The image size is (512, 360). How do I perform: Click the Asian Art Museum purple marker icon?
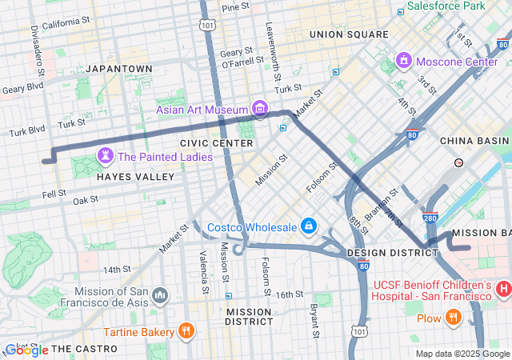tap(258, 108)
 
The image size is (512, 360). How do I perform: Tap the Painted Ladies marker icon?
tap(105, 155)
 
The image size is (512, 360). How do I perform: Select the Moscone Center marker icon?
tap(404, 61)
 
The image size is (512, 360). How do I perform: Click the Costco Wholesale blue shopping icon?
tap(307, 226)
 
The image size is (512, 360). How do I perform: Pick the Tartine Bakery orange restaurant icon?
tap(186, 330)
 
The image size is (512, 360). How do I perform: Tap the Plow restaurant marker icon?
tap(454, 318)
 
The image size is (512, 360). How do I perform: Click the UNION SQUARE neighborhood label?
tap(349, 34)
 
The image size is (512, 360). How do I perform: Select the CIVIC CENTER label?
tap(216, 143)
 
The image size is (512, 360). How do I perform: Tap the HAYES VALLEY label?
tap(135, 176)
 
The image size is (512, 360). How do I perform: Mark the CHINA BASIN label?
tap(474, 141)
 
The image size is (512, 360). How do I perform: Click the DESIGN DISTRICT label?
tap(393, 252)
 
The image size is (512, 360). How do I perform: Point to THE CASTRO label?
tap(85, 349)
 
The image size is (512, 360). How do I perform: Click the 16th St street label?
tap(290, 294)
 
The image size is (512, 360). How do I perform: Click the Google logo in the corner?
tap(26, 350)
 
